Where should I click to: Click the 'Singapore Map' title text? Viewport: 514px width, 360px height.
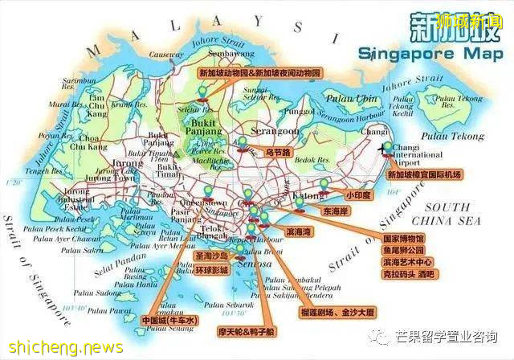click(x=419, y=55)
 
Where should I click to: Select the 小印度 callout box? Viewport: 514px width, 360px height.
click(x=358, y=194)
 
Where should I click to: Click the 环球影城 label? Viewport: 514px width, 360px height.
click(x=213, y=270)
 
